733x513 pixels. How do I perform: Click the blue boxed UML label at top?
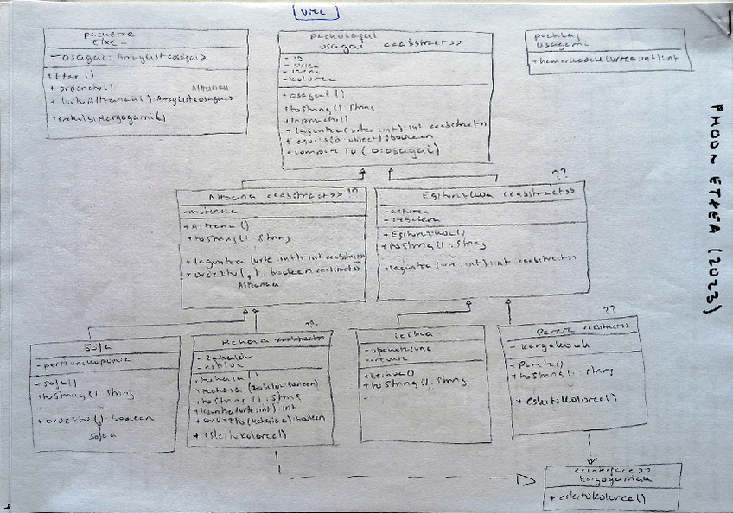316,12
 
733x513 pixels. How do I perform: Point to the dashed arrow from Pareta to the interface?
590,449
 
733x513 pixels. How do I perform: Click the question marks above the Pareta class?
609,309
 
